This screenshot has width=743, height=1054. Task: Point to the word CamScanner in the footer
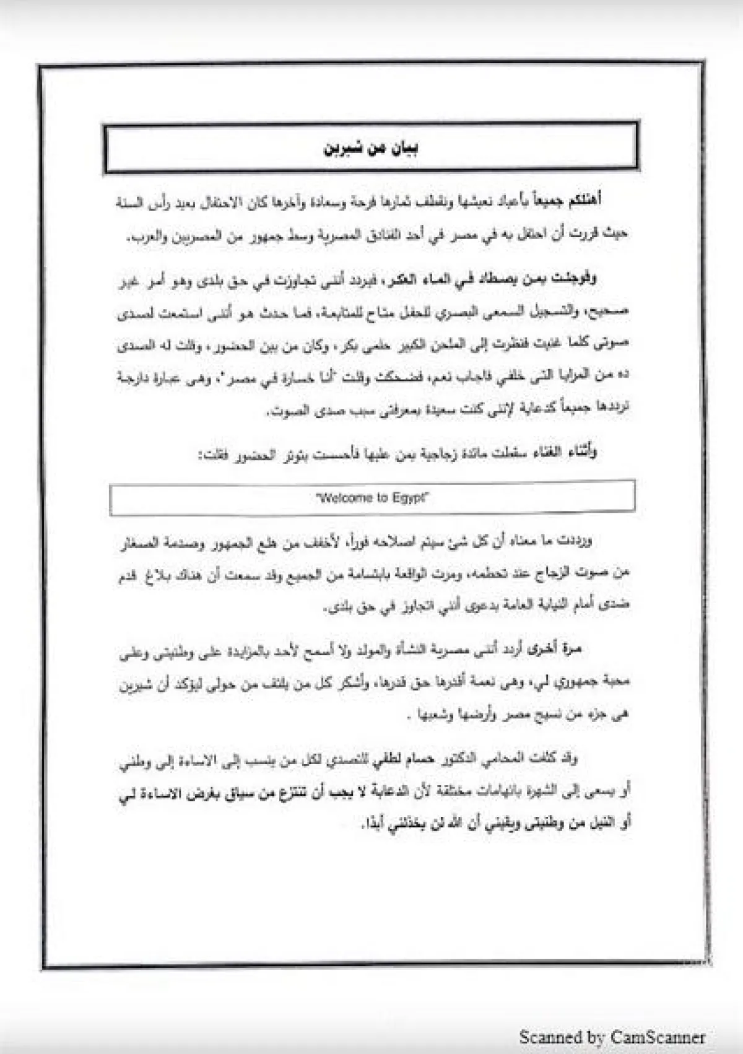coord(657,1037)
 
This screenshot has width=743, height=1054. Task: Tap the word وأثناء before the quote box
coord(578,453)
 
